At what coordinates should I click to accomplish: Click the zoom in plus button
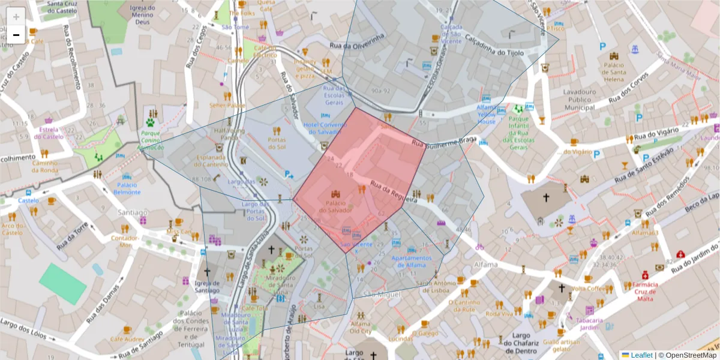click(16, 16)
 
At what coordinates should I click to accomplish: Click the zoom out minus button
click(16, 35)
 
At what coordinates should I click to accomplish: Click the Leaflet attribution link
click(641, 355)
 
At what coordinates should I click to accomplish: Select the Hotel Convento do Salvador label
click(325, 128)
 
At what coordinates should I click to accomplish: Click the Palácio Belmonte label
click(127, 188)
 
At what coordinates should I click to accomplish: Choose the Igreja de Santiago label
click(207, 287)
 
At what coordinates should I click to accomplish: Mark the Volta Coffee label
click(590, 289)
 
